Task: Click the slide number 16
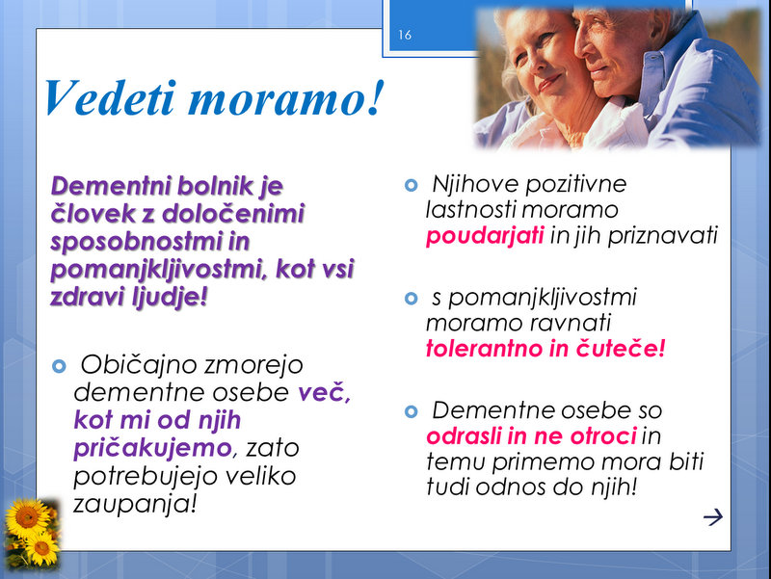[x=405, y=35]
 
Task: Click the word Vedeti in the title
[x=110, y=97]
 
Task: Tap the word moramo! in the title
[x=285, y=98]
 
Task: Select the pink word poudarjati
[x=485, y=235]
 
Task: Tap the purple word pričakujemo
[x=152, y=448]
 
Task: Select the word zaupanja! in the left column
[x=135, y=504]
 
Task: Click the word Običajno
[x=138, y=365]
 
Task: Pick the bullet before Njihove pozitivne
[x=412, y=185]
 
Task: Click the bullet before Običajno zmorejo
[x=59, y=366]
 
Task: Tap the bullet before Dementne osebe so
[x=412, y=411]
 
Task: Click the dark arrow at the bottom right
[x=713, y=516]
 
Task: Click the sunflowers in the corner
[x=32, y=533]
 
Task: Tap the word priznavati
[x=663, y=235]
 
